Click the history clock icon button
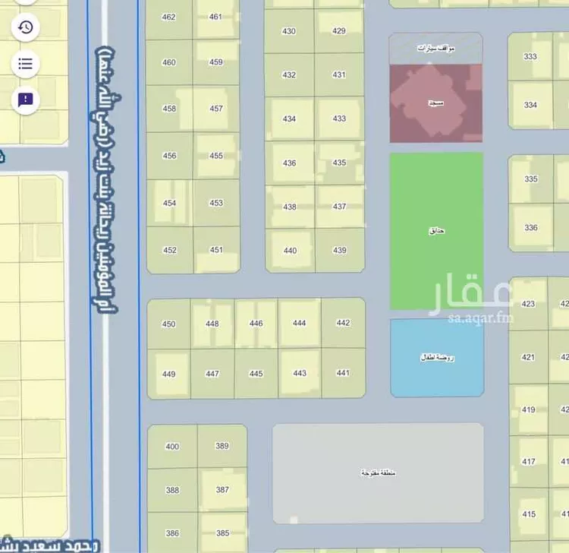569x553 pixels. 25,27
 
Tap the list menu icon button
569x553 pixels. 25,63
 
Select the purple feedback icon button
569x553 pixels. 25,100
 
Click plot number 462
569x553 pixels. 168,17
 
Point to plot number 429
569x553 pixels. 339,31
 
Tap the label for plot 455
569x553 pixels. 216,156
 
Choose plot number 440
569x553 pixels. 290,251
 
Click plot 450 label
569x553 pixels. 168,324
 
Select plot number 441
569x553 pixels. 343,373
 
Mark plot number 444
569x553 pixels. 299,324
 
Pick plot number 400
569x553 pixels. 172,447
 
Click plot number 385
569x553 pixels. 222,533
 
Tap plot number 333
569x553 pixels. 530,56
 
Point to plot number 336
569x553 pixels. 530,227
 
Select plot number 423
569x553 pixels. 528,304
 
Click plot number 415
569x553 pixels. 528,514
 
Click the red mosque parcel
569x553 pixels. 435,103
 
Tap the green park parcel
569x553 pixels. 436,230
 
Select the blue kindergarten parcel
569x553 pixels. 436,357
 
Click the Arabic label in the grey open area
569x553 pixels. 378,473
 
